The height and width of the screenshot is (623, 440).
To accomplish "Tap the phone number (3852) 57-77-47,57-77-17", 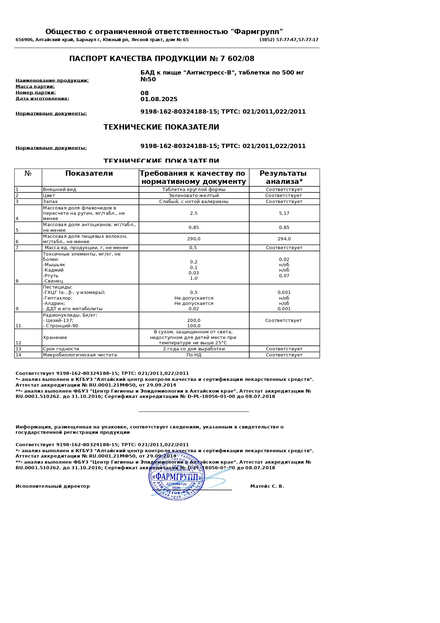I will [x=289, y=40].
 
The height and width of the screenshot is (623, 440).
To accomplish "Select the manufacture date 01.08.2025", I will [x=159, y=99].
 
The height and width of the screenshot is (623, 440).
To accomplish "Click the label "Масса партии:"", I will [x=35, y=87].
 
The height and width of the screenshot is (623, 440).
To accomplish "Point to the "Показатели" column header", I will [x=89, y=174].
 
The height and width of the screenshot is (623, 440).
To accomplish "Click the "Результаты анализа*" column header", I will [x=284, y=177].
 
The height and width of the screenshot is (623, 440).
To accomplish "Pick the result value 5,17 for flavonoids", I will [x=284, y=213].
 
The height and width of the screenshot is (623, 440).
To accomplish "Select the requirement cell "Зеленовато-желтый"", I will [x=194, y=196].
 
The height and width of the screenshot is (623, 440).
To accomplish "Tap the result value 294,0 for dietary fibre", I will [x=284, y=239].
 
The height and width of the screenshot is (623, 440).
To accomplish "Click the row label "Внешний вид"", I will [x=60, y=190].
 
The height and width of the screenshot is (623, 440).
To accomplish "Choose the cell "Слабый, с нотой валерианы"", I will [x=194, y=202].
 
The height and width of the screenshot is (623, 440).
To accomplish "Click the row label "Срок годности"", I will [x=61, y=349].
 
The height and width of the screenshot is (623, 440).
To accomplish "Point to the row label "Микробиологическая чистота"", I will [x=80, y=355].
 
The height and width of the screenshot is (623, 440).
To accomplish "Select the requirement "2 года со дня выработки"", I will [x=194, y=349].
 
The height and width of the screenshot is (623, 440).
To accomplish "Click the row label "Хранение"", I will [x=55, y=338].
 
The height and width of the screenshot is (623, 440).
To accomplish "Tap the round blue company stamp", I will [x=177, y=476].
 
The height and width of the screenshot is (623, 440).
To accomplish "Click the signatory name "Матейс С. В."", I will [x=267, y=486].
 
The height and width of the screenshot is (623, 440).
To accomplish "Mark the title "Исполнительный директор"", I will [x=52, y=486].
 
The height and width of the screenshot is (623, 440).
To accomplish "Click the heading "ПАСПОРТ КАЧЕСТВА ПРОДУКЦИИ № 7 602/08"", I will [x=162, y=59].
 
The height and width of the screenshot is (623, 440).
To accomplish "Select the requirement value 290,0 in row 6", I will [x=194, y=239].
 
